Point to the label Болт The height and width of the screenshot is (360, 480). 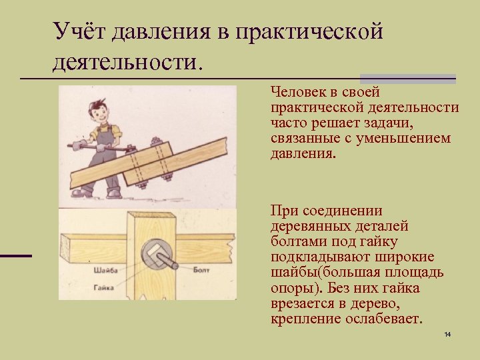pos(201,270)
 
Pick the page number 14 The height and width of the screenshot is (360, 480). pos(447,333)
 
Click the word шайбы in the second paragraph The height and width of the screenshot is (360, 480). pos(291,273)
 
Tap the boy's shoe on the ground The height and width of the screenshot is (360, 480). pos(114,193)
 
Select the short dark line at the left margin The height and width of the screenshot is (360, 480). pos(15,255)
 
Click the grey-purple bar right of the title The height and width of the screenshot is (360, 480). pos(407,77)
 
